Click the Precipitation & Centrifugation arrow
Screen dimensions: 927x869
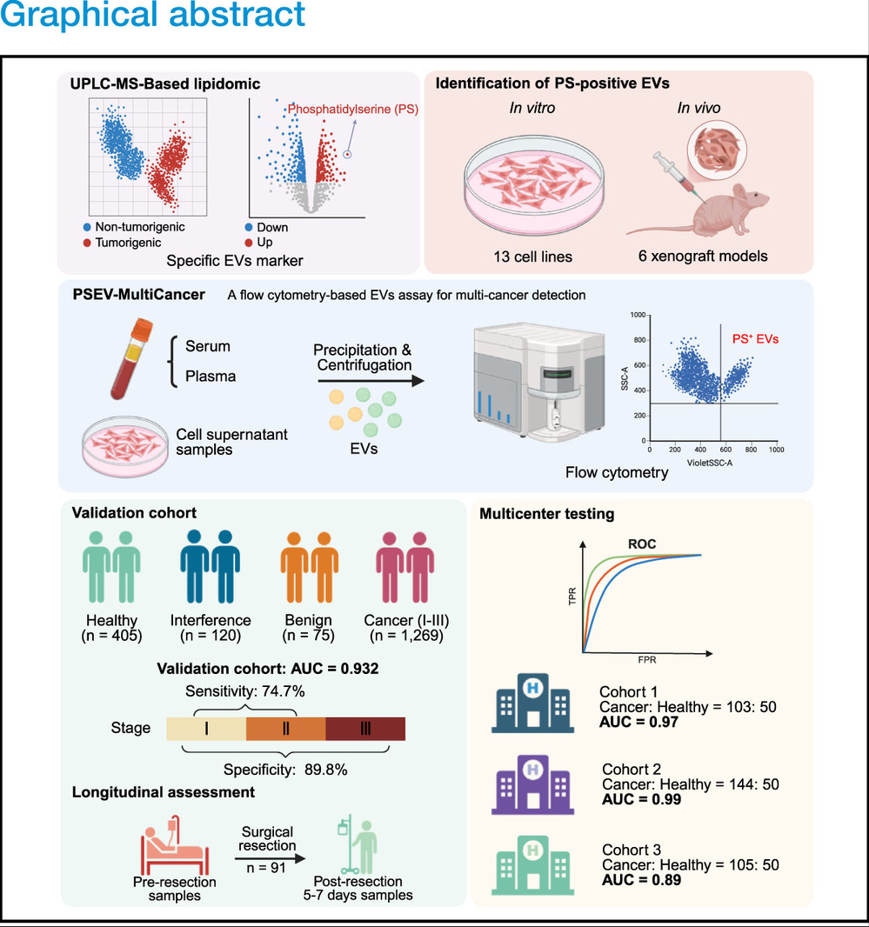coord(366,381)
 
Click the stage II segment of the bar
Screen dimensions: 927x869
coord(285,729)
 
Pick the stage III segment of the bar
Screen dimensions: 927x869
coord(365,729)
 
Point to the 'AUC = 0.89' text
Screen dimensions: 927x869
coord(639,879)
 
